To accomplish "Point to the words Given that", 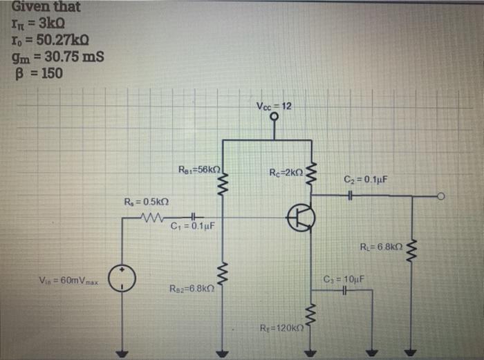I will (46, 8).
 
